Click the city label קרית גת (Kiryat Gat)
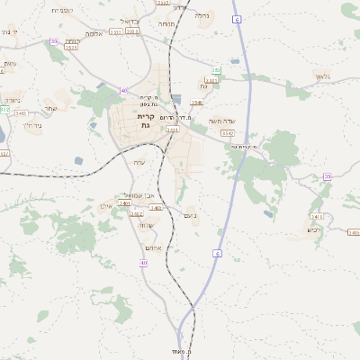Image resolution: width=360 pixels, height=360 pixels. click(x=147, y=121)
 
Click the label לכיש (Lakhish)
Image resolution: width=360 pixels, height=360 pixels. click(x=314, y=229)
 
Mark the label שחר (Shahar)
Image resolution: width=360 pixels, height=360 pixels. click(x=50, y=109)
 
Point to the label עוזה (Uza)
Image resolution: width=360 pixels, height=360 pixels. click(x=139, y=162)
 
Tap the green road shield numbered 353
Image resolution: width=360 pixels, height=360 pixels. click(x=216, y=69)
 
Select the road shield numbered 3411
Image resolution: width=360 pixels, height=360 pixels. click(x=317, y=217)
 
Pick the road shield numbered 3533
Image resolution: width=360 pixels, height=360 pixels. click(x=71, y=48)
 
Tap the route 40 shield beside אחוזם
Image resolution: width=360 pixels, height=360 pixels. click(x=144, y=263)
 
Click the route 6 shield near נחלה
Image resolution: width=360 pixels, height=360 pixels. click(x=236, y=18)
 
